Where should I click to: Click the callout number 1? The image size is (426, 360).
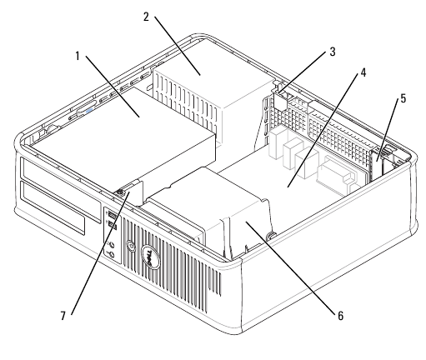pyautogui.click(x=78, y=56)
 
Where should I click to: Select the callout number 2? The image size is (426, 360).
pyautogui.click(x=146, y=17)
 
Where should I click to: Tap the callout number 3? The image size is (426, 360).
pyautogui.click(x=333, y=52)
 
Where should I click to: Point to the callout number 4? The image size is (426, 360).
pyautogui.click(x=363, y=72)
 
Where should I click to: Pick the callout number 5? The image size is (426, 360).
pyautogui.click(x=403, y=98)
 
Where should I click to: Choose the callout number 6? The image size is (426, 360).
pyautogui.click(x=341, y=316)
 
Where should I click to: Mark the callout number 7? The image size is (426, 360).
pyautogui.click(x=63, y=316)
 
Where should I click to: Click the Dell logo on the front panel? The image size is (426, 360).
pyautogui.click(x=151, y=257)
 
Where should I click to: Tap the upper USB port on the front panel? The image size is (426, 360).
pyautogui.click(x=111, y=215)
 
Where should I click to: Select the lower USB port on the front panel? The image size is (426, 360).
pyautogui.click(x=112, y=225)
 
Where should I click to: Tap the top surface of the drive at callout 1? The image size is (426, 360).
pyautogui.click(x=123, y=125)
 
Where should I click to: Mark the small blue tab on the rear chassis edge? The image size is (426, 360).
pyautogui.click(x=89, y=110)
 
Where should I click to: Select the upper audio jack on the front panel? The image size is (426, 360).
pyautogui.click(x=111, y=244)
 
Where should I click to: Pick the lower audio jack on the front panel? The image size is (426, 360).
pyautogui.click(x=112, y=254)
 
